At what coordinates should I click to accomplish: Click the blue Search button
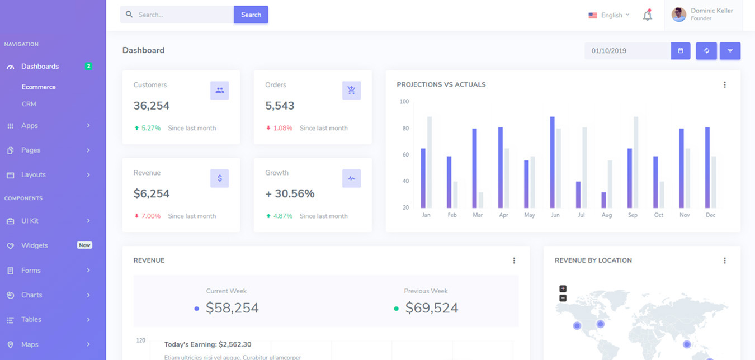251,15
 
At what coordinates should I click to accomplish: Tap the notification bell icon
647,15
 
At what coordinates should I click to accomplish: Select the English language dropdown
609,15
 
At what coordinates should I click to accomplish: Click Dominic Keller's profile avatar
679,15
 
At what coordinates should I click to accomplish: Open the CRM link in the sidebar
29,104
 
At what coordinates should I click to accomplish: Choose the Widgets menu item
35,245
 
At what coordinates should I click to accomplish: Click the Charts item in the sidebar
32,295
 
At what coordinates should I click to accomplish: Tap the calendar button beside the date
681,51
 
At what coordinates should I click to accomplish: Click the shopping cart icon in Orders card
351,91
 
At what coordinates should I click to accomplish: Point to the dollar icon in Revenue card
220,178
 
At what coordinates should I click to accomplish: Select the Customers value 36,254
152,106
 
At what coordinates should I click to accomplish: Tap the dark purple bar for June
552,162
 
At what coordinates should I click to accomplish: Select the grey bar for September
636,162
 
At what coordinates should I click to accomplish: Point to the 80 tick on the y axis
405,129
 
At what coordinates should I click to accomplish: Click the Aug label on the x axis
607,215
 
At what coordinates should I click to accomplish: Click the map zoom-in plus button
563,289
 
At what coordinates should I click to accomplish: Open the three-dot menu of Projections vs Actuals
724,85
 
